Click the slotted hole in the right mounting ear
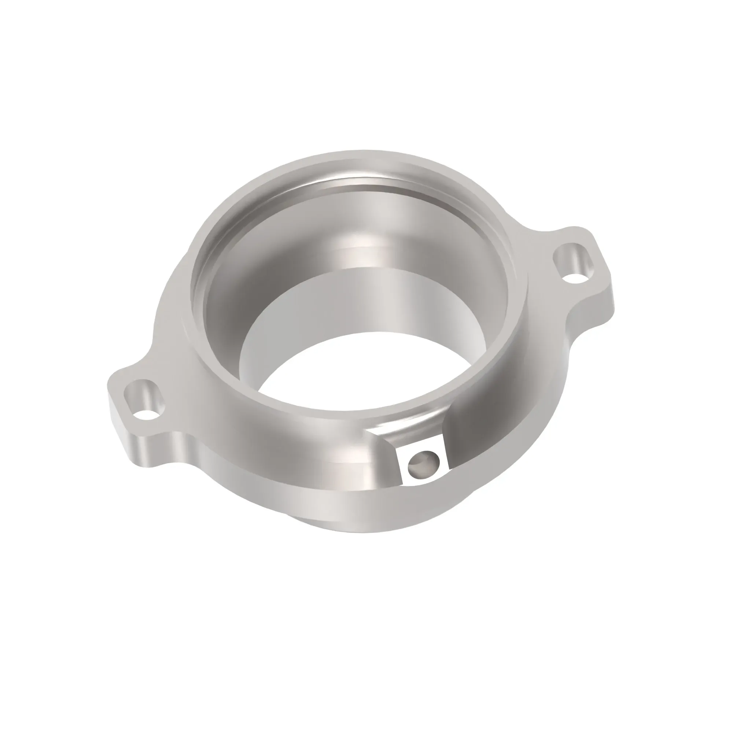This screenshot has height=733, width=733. pos(573,263)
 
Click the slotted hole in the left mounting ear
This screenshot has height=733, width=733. pos(144,398)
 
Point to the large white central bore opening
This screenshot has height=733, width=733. pos(364,372)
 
